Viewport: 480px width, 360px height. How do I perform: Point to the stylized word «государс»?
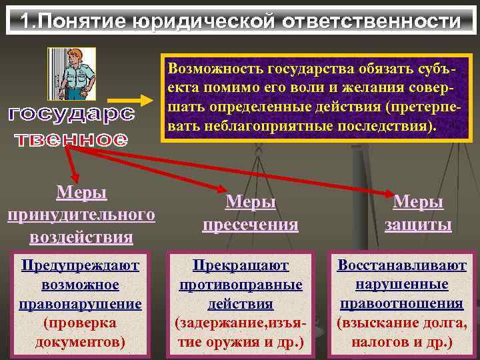pos(71,114)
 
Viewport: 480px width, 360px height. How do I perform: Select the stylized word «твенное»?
pos(71,139)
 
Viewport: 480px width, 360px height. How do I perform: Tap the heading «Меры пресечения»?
pos(251,213)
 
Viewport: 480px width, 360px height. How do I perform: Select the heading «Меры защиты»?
pos(418,213)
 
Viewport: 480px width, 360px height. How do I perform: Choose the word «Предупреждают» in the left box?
pos(80,266)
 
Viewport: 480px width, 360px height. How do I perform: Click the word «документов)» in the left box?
pos(80,342)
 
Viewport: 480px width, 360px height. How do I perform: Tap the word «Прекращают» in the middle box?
pos(241,266)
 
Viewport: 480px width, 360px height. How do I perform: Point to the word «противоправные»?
pos(241,285)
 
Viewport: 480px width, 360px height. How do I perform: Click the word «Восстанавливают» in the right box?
pos(401,265)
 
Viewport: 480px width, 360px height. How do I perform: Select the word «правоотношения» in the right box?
pos(401,304)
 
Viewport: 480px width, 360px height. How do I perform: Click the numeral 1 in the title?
pos(25,21)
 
